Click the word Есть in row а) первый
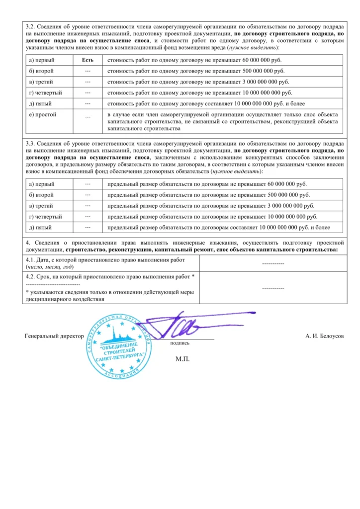(x=88, y=60)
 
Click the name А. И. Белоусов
(x=324, y=336)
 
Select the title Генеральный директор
(x=54, y=336)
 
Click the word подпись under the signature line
(x=180, y=343)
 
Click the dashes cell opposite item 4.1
(x=272, y=263)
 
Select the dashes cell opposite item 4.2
(x=272, y=288)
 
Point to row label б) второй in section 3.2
(x=42, y=71)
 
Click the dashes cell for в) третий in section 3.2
(x=88, y=82)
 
